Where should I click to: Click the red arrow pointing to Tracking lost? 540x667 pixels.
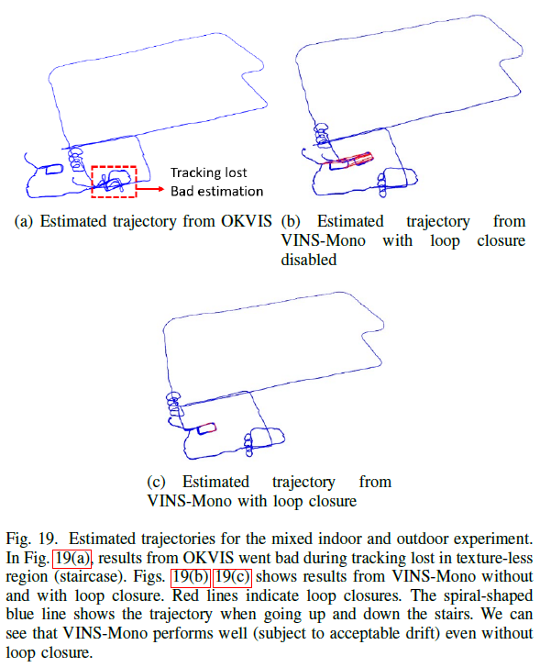[x=150, y=190]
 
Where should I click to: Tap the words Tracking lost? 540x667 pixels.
[x=210, y=172]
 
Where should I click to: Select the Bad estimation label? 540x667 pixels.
[x=217, y=191]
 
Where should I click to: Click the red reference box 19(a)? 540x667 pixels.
[x=73, y=559]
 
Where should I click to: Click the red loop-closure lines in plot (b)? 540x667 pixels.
[x=353, y=159]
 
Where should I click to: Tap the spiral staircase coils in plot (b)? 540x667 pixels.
[x=323, y=135]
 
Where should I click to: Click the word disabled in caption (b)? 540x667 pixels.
[x=309, y=260]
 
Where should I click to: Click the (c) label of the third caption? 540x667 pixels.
[x=158, y=482]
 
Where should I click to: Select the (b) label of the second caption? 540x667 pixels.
[x=291, y=221]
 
